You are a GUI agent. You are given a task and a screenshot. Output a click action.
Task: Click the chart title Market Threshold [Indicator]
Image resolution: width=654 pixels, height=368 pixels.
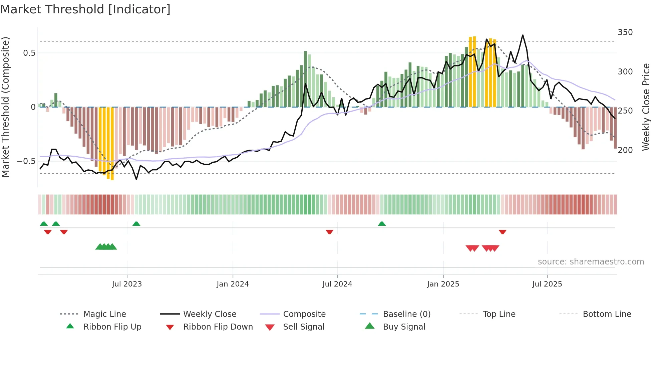coord(85,9)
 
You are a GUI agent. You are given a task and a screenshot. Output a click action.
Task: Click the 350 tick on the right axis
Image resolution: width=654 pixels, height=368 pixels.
coord(625,32)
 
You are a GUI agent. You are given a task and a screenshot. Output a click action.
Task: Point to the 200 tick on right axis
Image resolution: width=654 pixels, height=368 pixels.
coord(625,150)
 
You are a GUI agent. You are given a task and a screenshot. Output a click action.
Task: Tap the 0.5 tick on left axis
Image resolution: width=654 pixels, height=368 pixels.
coord(29,53)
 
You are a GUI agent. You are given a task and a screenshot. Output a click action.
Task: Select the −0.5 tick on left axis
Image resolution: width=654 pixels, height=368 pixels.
coord(26,161)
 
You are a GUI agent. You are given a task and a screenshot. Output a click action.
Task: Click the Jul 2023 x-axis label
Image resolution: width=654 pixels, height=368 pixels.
coord(127,284)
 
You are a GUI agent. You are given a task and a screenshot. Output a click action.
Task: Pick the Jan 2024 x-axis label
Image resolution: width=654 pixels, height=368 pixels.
coord(233,284)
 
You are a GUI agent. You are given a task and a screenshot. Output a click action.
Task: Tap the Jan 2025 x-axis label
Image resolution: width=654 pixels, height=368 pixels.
coord(443,284)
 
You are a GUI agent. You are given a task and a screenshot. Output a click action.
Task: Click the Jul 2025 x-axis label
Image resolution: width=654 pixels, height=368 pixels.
coord(547,284)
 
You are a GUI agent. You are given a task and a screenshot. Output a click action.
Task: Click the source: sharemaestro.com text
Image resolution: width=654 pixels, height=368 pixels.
coord(591,262)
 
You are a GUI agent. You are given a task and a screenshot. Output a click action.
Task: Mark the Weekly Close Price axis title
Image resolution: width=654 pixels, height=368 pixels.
coord(646,107)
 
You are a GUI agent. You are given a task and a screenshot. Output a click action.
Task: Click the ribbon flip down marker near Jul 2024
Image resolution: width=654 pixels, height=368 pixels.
coord(329,232)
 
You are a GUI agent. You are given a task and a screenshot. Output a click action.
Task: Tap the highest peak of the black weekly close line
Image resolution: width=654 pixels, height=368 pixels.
coord(523,35)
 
